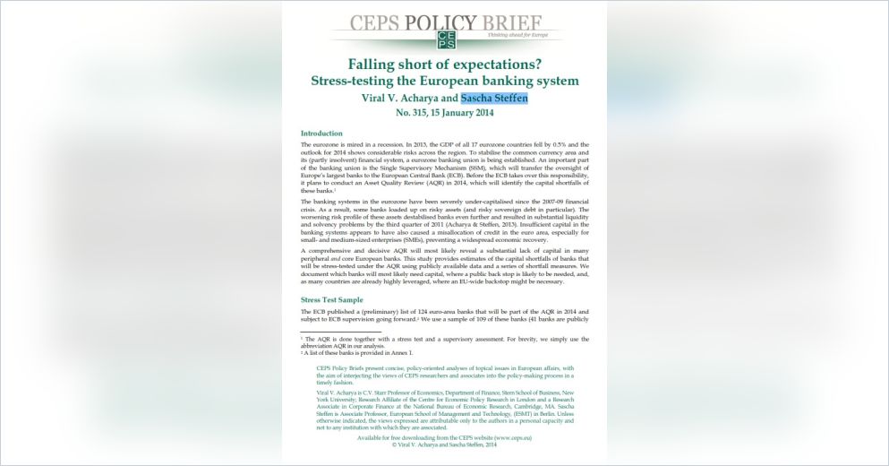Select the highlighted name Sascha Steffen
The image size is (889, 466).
pos(494,98)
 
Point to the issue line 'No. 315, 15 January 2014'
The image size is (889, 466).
pos(444,114)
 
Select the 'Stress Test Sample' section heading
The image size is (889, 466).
pos(333,299)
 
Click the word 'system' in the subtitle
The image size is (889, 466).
pos(553,81)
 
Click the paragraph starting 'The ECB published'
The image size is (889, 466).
pos(444,315)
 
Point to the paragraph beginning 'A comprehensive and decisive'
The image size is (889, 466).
pos(444,266)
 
